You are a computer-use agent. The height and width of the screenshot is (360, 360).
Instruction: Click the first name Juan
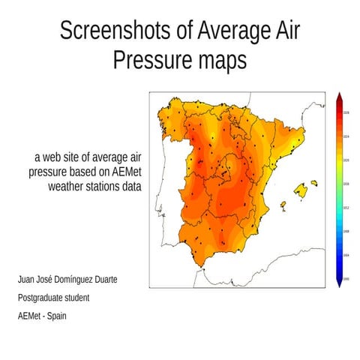click(x=27, y=280)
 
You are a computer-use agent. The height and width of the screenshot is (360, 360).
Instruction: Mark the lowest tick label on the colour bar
click(x=346, y=277)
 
